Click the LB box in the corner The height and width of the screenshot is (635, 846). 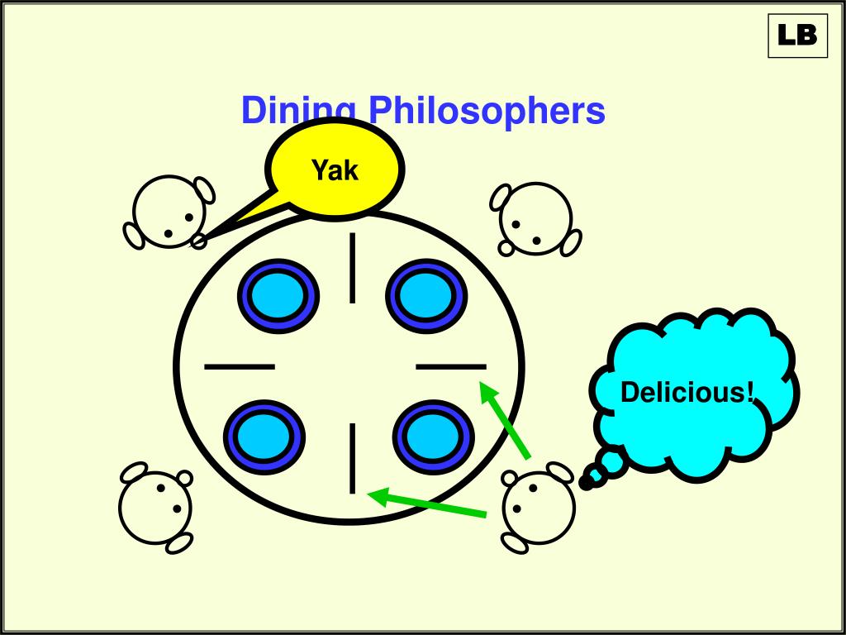point(797,36)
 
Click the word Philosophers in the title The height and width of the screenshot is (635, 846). point(487,111)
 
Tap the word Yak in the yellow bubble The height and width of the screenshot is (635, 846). point(335,170)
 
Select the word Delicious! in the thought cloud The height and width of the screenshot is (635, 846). point(687,392)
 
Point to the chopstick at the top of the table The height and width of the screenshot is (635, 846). point(354,268)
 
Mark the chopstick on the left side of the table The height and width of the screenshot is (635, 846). point(239,365)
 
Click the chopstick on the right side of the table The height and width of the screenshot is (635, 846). point(451,365)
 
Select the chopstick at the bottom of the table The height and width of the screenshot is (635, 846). point(354,458)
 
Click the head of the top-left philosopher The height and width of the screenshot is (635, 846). point(169,212)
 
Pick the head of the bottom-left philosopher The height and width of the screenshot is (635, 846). point(155,506)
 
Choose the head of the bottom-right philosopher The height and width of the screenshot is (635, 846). point(539,507)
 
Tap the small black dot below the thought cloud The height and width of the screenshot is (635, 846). point(587,483)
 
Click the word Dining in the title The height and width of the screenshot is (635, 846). point(299,111)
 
